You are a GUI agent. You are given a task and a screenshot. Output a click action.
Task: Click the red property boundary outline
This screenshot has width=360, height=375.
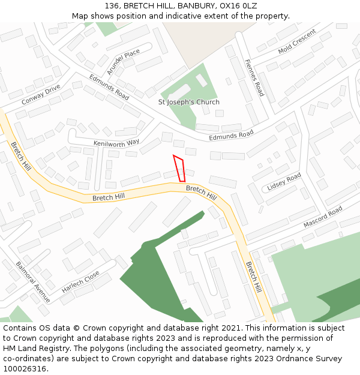click(x=179, y=169)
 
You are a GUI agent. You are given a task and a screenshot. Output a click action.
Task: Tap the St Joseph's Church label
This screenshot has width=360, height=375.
click(x=188, y=102)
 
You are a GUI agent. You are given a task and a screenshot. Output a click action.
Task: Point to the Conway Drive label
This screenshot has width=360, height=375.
click(x=41, y=95)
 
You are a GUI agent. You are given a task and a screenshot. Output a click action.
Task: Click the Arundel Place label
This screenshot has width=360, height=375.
click(x=123, y=62)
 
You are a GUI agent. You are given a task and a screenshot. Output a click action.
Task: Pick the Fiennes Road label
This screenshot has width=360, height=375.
click(x=254, y=77)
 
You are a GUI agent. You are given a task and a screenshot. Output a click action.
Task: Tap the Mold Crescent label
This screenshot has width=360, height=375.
click(x=296, y=41)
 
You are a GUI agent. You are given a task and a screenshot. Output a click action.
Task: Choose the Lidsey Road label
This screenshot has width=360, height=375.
click(x=284, y=182)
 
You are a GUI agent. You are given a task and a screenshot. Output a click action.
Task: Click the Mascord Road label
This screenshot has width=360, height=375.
click(x=322, y=217)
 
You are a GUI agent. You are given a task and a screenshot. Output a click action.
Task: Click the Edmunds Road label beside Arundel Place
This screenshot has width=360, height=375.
click(x=109, y=87)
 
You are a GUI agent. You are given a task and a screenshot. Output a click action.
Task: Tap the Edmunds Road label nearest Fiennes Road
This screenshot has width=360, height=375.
click(x=231, y=136)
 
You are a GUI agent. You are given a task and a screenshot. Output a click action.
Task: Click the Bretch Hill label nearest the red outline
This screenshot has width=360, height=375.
click(x=201, y=193)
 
